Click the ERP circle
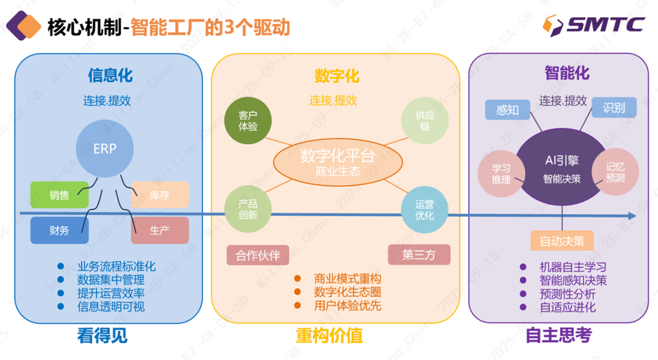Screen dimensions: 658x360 tap(105, 149)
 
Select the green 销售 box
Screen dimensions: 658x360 tap(60, 195)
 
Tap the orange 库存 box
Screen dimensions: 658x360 tap(160, 195)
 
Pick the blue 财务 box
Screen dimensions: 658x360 tap(60, 230)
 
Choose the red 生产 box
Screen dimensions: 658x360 tap(160, 230)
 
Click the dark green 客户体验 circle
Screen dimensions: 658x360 tap(248, 121)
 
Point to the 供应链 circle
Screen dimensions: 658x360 tap(425, 121)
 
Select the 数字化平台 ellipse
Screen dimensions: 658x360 tap(338, 163)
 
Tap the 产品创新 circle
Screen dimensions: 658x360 tap(248, 210)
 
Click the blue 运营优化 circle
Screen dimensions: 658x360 tap(425, 210)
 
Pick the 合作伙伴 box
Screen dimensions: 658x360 tap(258, 255)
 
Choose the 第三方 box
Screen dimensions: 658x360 tap(419, 255)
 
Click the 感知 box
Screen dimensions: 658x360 tap(508, 110)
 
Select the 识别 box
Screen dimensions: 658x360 tap(614, 108)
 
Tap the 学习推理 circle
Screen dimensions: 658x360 tap(501, 174)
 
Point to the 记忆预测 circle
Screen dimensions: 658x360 tap(615, 172)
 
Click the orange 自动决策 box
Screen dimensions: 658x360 tap(562, 241)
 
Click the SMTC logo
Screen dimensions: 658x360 tap(593, 25)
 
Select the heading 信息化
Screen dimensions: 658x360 tap(110, 76)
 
